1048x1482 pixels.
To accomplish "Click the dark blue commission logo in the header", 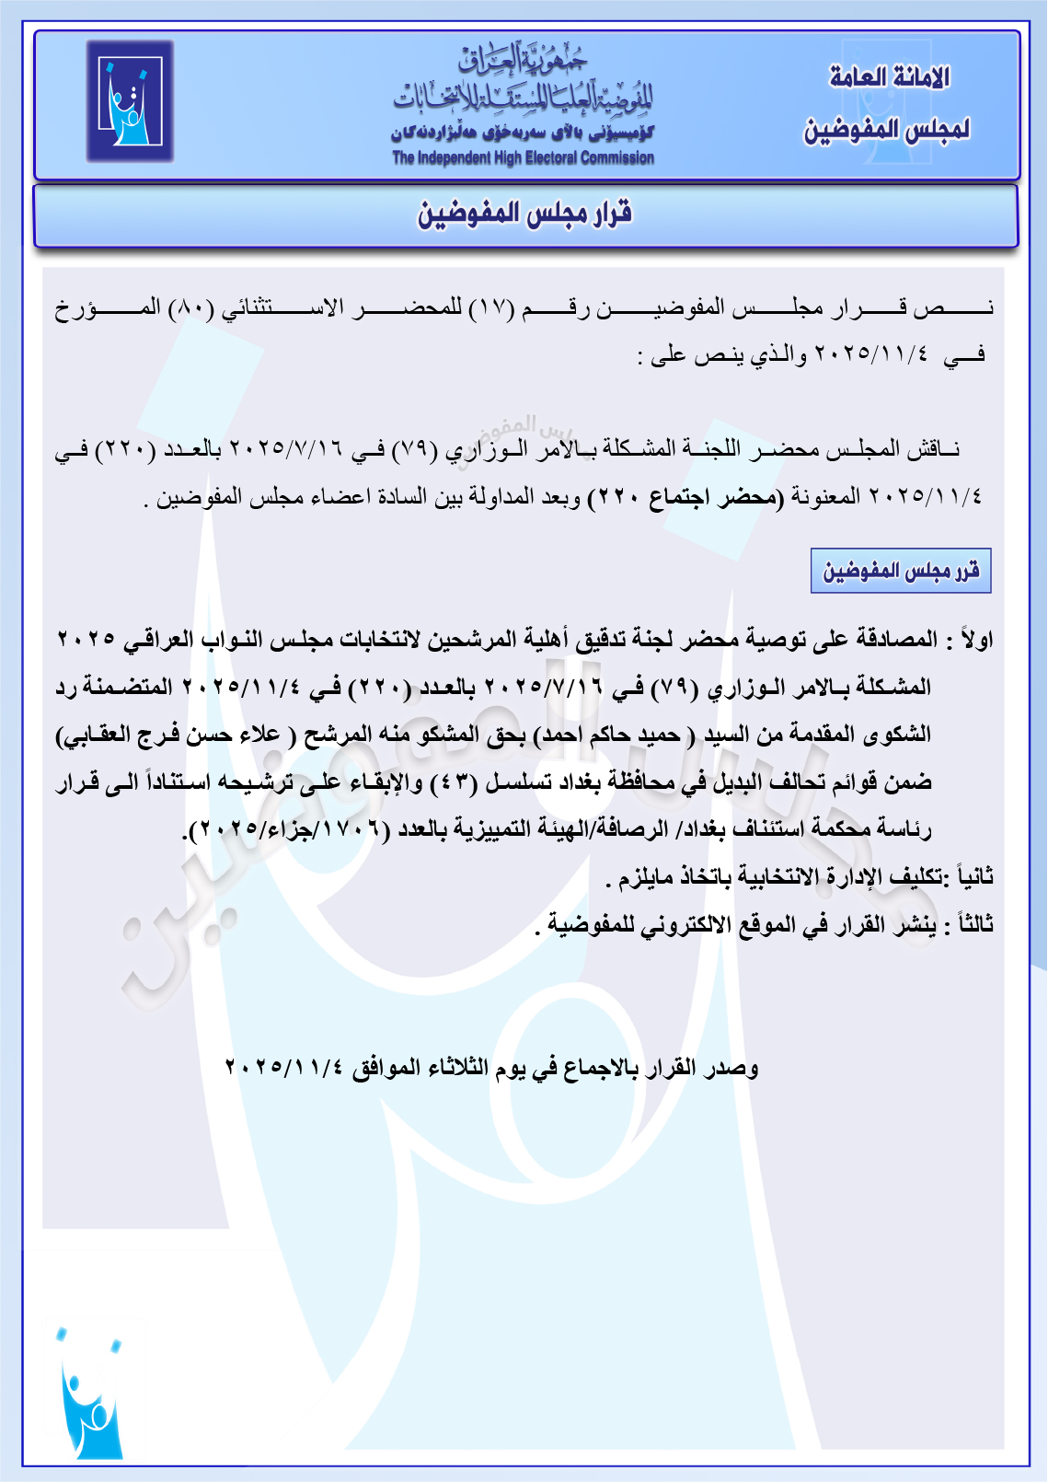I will click(x=130, y=100).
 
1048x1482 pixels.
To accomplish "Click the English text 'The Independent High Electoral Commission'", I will click(x=523, y=158).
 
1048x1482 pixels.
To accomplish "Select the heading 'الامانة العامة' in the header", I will click(x=888, y=77).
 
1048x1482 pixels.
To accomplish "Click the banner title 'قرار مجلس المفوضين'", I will click(x=524, y=214).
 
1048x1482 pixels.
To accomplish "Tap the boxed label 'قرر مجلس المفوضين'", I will click(x=900, y=572).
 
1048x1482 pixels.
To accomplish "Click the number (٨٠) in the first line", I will click(x=191, y=307).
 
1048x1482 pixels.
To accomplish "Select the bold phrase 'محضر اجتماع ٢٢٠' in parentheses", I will click(x=686, y=498).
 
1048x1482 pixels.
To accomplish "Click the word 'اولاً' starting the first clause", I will click(x=976, y=639).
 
